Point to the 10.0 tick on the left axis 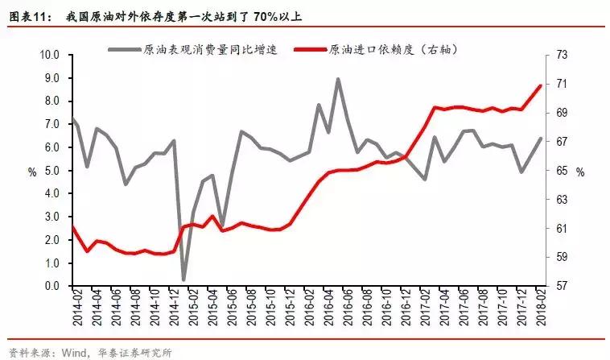[x=51, y=55]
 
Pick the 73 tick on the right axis [x=562, y=55]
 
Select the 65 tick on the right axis [x=562, y=171]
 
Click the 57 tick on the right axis [x=562, y=286]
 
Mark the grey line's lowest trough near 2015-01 [x=183, y=279]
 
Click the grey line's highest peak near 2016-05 [x=337, y=79]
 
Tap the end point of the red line [x=540, y=85]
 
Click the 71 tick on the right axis [x=562, y=84]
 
